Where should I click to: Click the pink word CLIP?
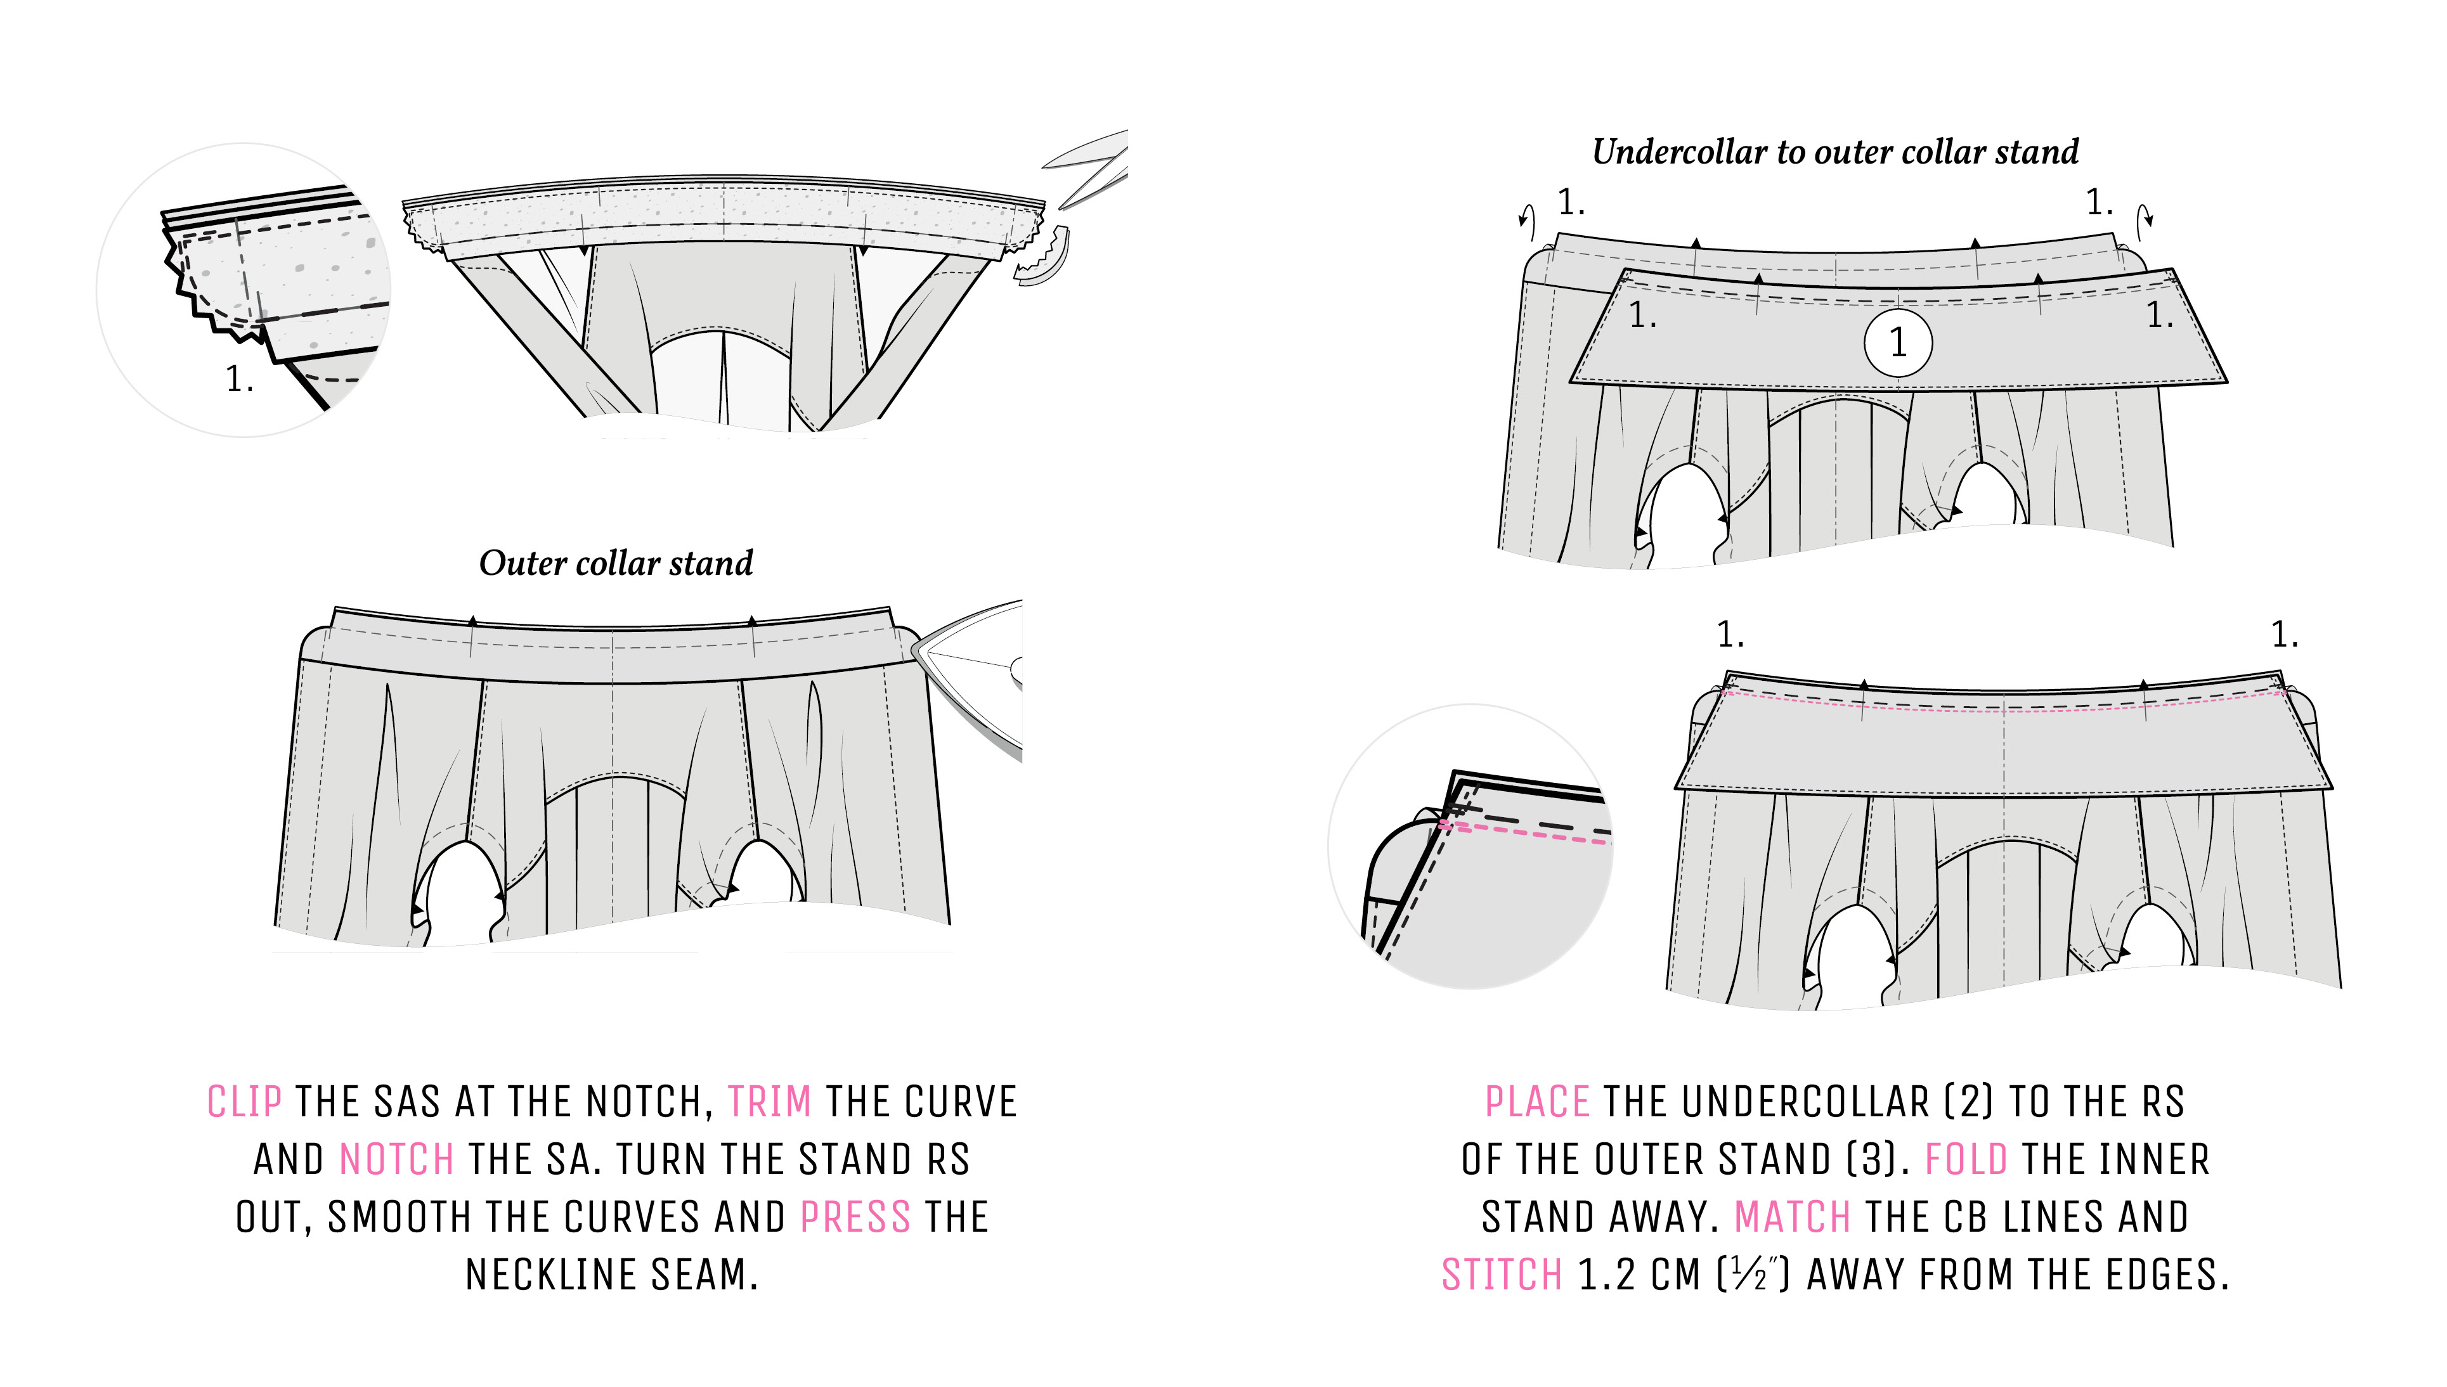tap(244, 1102)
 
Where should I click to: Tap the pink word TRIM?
tap(769, 1102)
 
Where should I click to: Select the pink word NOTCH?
tap(396, 1160)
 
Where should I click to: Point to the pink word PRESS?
tap(855, 1218)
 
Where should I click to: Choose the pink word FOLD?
tap(1966, 1160)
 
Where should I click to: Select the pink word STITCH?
tap(1502, 1275)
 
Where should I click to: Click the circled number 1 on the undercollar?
tap(1897, 343)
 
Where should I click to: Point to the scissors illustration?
tap(1091, 169)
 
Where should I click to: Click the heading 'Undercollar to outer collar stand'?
tap(1835, 152)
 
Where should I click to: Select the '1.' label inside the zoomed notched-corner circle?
tap(239, 380)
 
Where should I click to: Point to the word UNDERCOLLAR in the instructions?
tap(1806, 1102)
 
